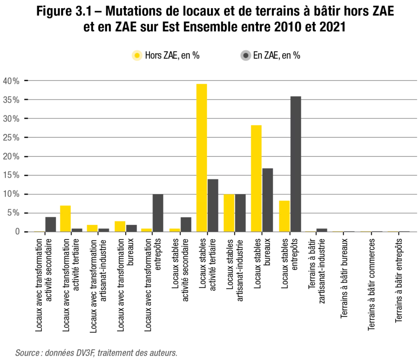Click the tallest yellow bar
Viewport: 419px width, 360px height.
tap(202, 157)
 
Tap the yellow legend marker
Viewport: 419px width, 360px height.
tap(137, 54)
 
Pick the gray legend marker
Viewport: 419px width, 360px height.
tap(245, 54)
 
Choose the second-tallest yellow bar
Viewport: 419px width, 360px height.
tap(256, 177)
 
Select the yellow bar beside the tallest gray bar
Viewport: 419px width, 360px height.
tap(284, 216)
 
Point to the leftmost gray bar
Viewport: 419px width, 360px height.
tap(50, 223)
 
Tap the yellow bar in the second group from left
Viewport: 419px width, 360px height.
tap(65, 219)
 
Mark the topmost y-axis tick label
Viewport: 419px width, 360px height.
tap(12, 81)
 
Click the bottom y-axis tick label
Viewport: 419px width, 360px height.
tap(18, 232)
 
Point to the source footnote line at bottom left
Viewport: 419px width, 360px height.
tap(97, 353)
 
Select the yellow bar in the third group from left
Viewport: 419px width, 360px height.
tap(92, 228)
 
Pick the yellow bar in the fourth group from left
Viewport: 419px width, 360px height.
tap(120, 226)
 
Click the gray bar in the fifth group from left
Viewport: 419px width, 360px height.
tap(158, 214)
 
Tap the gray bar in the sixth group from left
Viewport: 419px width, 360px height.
tap(186, 223)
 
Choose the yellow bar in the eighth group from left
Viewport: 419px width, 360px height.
tap(229, 213)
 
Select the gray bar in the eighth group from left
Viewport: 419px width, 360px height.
tap(241, 211)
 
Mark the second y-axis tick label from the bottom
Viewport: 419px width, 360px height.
tap(15, 212)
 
